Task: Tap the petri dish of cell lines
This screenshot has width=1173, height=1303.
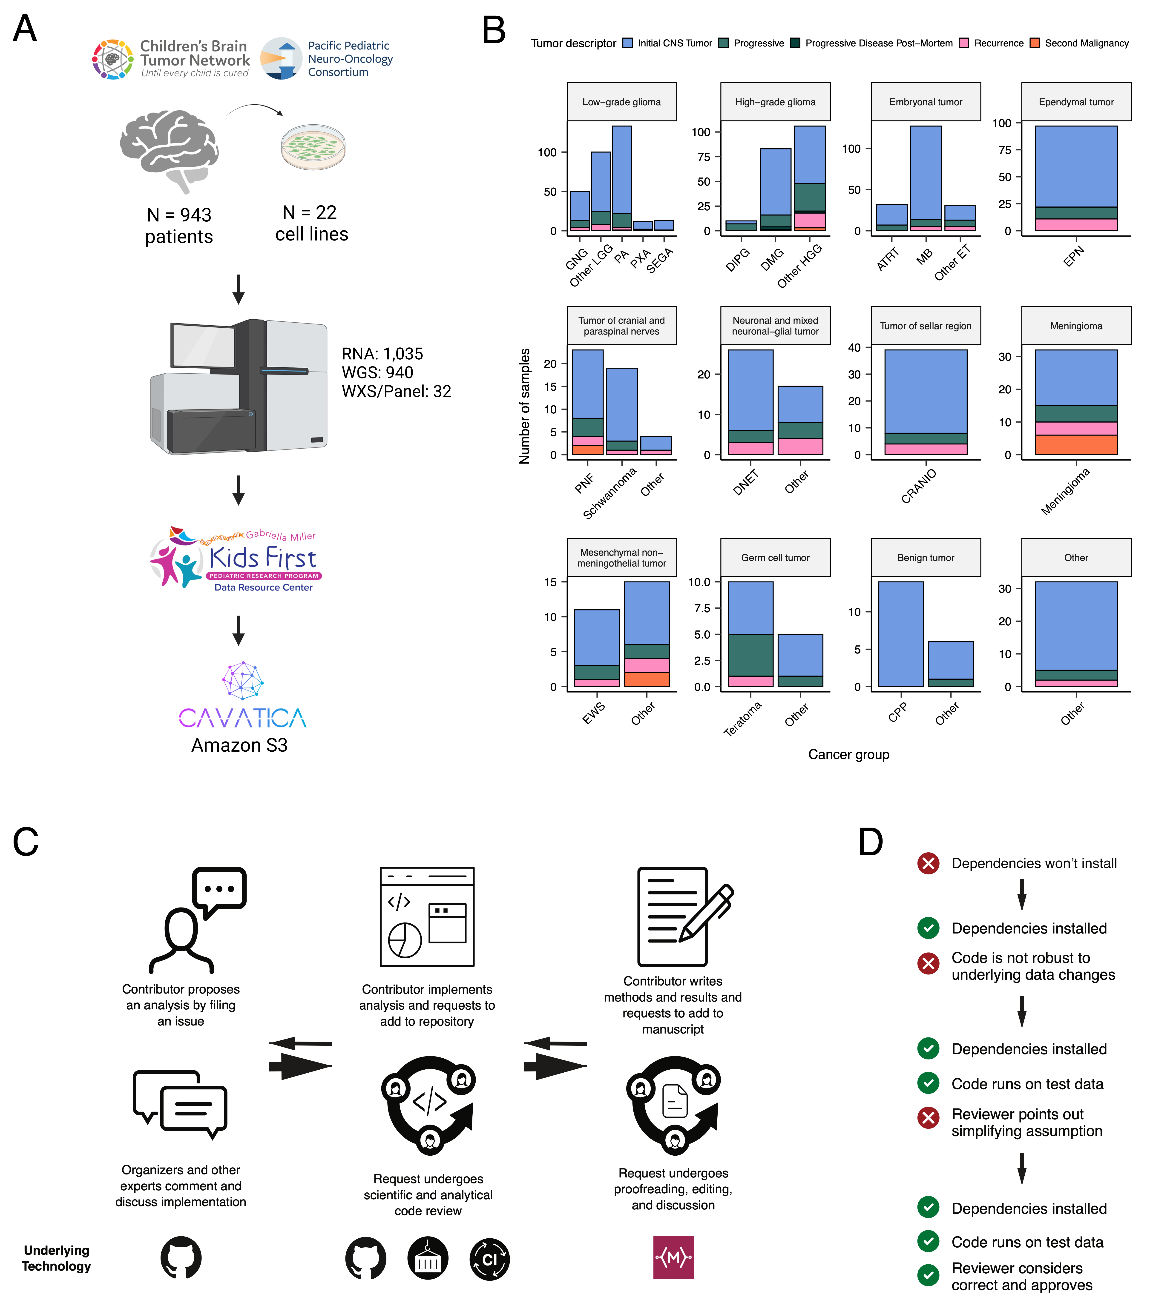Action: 313,147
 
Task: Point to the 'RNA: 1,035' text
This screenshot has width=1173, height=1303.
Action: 382,354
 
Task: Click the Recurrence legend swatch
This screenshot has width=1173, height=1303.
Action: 963,43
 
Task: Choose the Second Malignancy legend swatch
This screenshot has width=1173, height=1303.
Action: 1035,43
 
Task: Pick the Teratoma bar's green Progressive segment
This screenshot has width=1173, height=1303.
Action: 750,655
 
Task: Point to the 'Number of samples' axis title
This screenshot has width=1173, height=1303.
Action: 525,406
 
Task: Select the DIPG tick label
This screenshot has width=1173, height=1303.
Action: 738,259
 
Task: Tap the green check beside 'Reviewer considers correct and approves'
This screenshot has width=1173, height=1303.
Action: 928,1274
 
